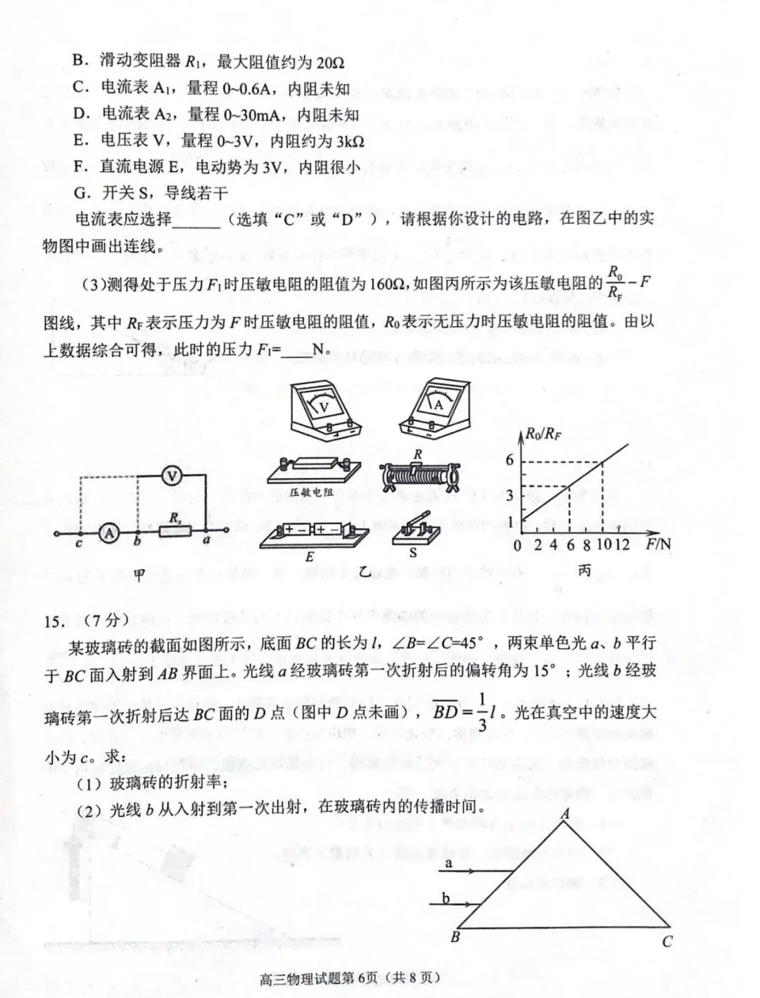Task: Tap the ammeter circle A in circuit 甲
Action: (x=109, y=534)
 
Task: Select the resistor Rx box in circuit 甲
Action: (x=173, y=533)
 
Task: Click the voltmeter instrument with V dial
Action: (x=326, y=411)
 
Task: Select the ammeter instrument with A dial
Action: (x=436, y=411)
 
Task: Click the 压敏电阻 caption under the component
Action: (x=311, y=492)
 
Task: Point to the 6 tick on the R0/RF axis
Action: (x=510, y=460)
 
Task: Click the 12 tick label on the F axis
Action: (x=621, y=545)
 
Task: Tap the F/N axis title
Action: (x=658, y=544)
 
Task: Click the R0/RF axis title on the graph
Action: (x=543, y=433)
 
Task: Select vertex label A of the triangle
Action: (x=565, y=814)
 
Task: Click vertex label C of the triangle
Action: (x=667, y=940)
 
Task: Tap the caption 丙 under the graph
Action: (x=584, y=571)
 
